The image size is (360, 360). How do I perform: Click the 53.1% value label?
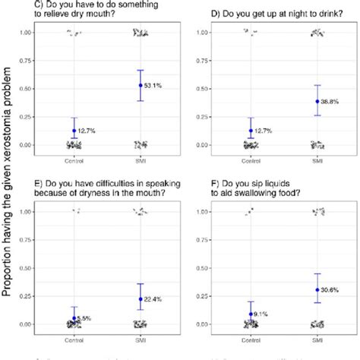[154, 85]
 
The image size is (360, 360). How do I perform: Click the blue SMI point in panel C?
[140, 85]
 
